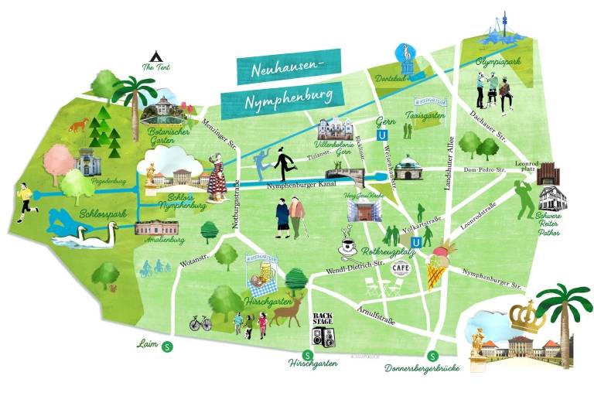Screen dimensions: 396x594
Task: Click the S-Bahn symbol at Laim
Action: click(x=169, y=346)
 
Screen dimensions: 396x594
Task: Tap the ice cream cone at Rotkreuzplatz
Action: click(x=441, y=263)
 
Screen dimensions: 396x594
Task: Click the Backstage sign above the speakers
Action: click(x=322, y=319)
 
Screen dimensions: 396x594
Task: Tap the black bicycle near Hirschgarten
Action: click(x=200, y=323)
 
